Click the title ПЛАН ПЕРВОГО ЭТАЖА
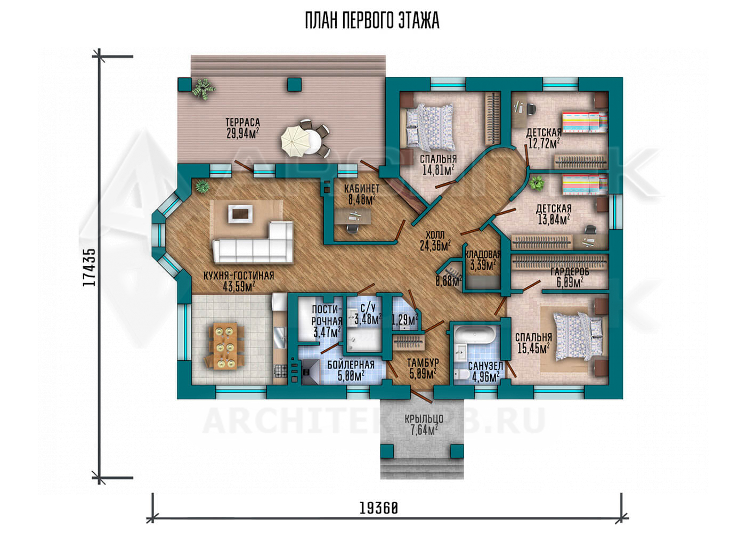(372, 20)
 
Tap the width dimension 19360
(379, 508)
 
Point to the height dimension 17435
(90, 267)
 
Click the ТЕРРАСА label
(242, 123)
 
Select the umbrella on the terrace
(294, 143)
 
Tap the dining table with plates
(224, 346)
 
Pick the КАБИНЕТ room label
(362, 189)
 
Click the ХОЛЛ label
(435, 235)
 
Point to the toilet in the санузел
(463, 375)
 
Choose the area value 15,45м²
(533, 349)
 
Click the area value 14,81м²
(438, 170)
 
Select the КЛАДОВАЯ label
(483, 255)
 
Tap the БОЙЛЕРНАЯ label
(351, 365)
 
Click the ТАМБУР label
(423, 362)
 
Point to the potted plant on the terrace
(203, 88)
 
